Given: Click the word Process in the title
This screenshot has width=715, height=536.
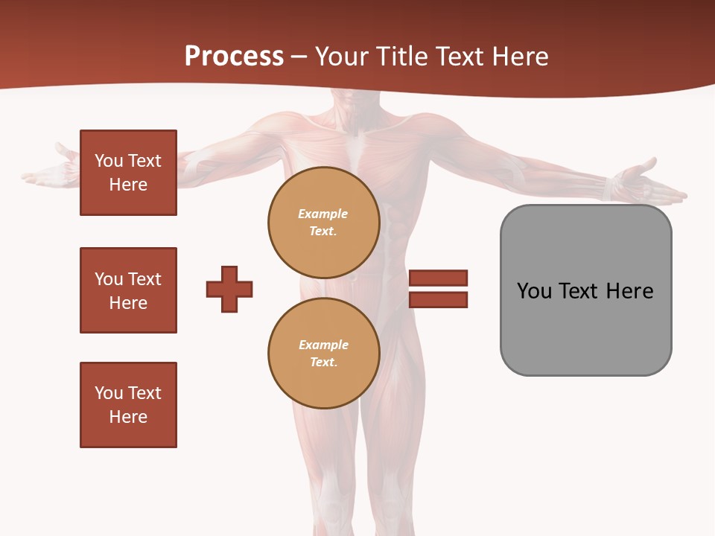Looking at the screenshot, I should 234,57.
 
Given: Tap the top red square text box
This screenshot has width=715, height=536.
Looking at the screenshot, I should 128,173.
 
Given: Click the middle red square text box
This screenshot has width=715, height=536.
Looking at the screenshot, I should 128,290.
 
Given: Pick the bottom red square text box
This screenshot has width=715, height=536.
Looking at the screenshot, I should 128,405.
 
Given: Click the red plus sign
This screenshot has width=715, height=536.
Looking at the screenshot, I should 229,289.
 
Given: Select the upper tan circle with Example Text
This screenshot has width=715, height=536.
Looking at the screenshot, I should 323,223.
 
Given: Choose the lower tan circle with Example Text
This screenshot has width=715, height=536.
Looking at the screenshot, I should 323,354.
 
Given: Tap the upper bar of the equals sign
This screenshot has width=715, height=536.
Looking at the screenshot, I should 438,278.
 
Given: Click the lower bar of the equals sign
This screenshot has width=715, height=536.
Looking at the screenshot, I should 438,300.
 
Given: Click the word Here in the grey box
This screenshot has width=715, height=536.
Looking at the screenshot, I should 629,291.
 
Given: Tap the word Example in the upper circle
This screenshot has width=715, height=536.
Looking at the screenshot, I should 323,214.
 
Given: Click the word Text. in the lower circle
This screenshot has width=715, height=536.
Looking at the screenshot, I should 323,363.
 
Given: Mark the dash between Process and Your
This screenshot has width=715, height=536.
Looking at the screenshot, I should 299,57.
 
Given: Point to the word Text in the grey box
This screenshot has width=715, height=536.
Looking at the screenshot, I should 579,291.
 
